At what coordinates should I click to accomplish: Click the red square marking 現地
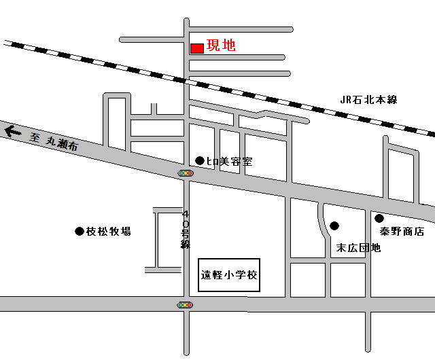[197, 48]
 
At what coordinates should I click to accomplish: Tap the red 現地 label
[221, 46]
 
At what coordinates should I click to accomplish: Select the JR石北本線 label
[368, 100]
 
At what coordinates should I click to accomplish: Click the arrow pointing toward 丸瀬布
[13, 132]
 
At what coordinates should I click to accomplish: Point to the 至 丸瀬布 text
[54, 142]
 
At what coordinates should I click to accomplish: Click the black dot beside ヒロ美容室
[200, 160]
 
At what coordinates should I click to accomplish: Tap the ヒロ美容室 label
[230, 162]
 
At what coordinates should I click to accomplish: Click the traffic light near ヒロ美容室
[186, 173]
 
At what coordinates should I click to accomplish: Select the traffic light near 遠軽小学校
[185, 305]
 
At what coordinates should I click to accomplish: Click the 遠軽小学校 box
[229, 275]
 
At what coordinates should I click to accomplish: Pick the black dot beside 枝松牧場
[80, 232]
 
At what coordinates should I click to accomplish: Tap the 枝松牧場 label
[108, 232]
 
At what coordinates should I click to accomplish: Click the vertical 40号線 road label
[186, 230]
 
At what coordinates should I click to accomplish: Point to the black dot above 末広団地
[334, 226]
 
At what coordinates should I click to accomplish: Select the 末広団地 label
[358, 248]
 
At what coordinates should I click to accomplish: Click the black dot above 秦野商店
[379, 219]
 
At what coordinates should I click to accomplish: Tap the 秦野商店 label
[402, 232]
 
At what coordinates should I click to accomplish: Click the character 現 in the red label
[213, 46]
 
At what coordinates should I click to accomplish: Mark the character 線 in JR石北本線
[392, 100]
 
